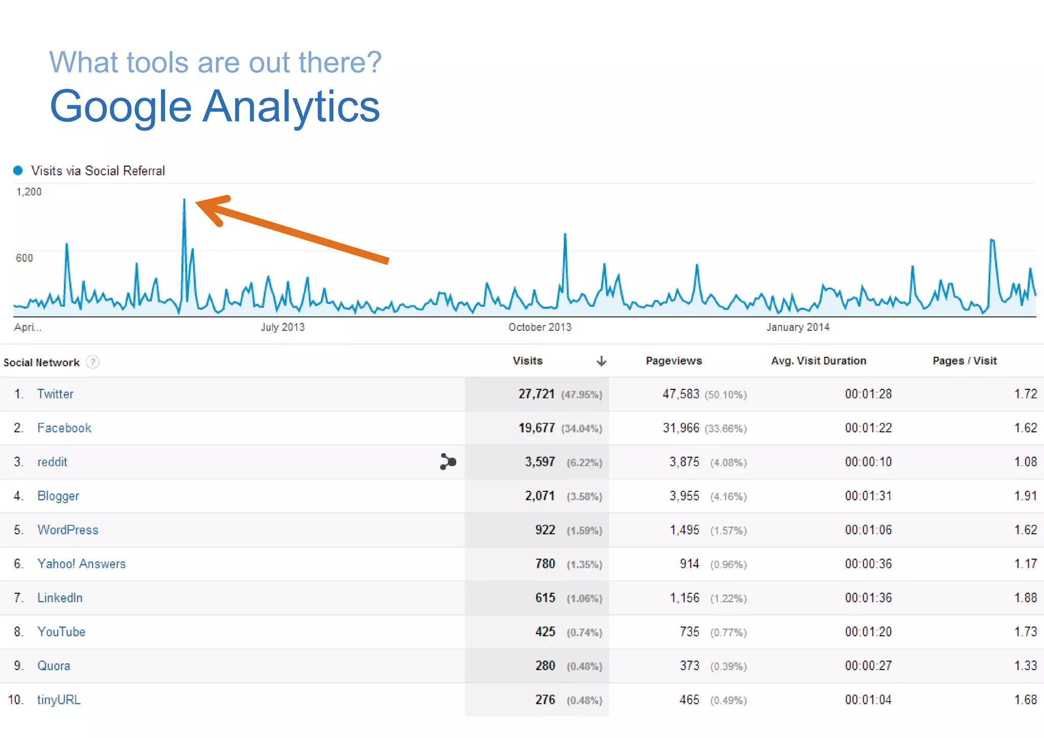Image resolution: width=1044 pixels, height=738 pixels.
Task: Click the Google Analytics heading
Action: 215,107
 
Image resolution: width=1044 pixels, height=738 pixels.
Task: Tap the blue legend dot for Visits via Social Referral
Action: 18,170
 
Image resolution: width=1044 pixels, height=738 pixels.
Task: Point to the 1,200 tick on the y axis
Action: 29,192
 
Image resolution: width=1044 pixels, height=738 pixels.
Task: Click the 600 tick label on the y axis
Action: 24,258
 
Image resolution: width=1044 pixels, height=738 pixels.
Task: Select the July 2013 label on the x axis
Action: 282,327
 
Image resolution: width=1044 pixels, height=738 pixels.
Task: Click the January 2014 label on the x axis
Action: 798,327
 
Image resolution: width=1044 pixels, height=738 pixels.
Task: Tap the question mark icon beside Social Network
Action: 93,362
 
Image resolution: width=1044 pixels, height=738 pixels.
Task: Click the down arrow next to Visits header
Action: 602,361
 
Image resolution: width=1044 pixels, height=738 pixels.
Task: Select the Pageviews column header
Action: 673,361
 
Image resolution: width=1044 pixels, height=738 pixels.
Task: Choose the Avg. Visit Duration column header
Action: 818,361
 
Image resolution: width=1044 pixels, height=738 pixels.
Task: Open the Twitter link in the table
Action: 55,394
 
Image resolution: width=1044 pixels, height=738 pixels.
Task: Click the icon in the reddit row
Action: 448,462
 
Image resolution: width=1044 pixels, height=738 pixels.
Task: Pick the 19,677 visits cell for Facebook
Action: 536,428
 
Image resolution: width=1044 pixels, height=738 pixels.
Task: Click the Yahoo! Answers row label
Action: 81,564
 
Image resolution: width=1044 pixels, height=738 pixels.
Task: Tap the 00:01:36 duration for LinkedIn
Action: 868,598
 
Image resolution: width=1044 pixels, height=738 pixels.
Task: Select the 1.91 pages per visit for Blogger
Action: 1025,496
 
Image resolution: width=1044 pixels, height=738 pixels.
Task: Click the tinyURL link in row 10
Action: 59,700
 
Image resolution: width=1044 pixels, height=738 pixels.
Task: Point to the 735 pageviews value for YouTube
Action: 689,632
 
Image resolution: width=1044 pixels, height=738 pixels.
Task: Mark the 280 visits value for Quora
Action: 545,666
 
